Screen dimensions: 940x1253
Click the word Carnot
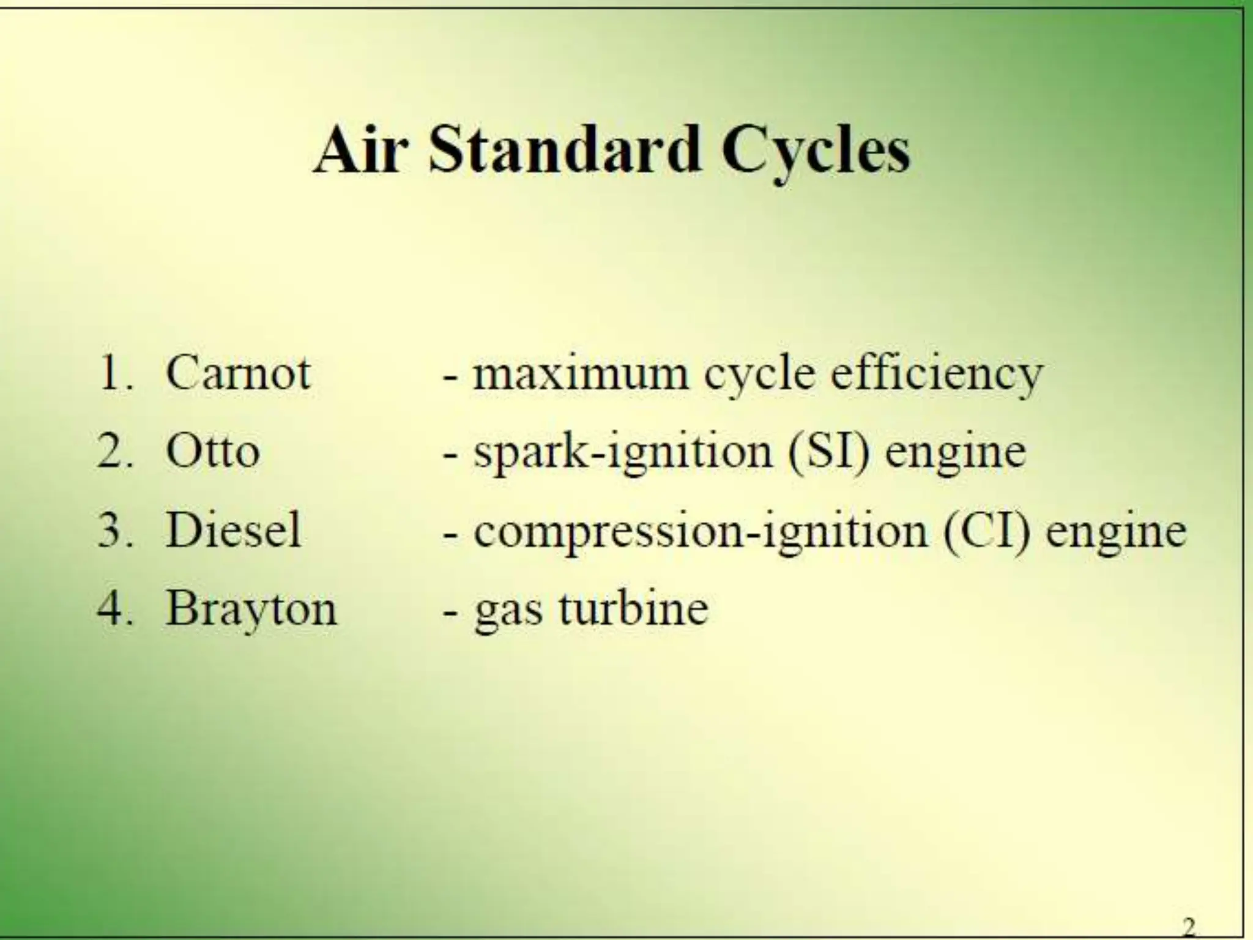tap(238, 373)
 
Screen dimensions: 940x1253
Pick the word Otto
tap(212, 452)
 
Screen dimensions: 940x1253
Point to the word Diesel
tap(234, 530)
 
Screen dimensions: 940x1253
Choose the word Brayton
tap(251, 610)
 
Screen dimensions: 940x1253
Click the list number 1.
tap(114, 373)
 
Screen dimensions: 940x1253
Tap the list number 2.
tap(114, 452)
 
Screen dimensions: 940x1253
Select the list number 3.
tap(114, 530)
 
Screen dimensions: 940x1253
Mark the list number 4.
tap(114, 609)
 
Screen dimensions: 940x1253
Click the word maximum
tap(581, 374)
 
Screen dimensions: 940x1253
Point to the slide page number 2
tap(1189, 926)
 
